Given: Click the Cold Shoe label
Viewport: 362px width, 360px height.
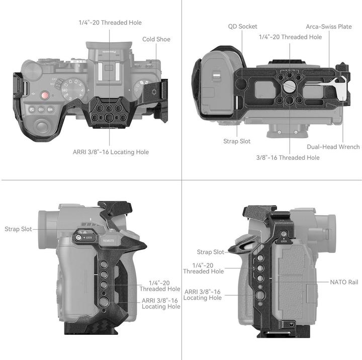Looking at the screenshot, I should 156,39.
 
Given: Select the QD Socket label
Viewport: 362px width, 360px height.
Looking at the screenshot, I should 243,26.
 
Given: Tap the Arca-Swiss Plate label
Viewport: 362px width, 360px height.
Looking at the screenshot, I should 329,26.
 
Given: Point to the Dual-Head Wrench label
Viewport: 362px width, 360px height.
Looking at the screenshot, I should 333,147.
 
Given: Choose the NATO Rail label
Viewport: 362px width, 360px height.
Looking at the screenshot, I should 344,282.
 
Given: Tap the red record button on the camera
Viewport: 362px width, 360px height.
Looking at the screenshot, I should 45,95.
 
